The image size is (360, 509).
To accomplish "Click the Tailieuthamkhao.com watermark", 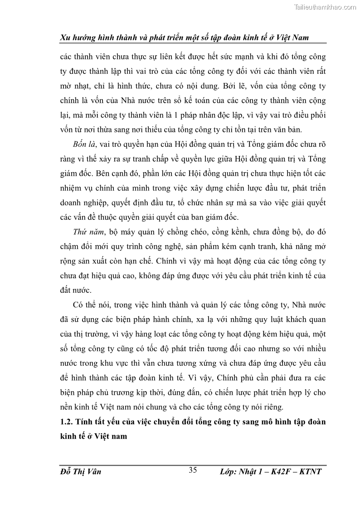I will [325, 7].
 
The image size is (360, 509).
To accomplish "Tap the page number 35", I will [193, 470].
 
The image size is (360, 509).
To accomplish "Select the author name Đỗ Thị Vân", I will [80, 472].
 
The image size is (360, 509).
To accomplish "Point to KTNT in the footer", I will [311, 472].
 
